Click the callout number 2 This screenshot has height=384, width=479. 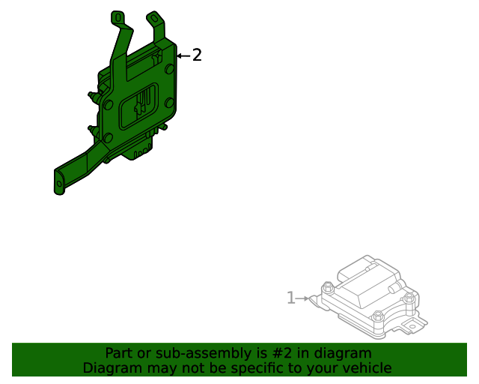197,55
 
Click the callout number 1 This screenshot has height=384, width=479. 291,298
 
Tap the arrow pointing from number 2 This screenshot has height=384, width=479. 183,55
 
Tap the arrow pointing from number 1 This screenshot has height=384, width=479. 302,298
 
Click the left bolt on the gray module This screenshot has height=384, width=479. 327,286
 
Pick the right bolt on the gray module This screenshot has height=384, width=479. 409,298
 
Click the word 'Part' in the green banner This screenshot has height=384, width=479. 119,353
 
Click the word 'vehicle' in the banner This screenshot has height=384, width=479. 367,368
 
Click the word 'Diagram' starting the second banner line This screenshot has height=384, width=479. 111,368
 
